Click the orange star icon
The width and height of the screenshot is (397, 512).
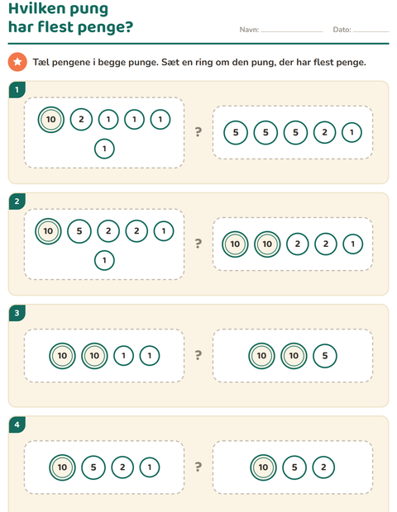tap(17, 62)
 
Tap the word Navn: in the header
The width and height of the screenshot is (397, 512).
tap(249, 30)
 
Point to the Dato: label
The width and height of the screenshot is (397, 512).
tap(342, 30)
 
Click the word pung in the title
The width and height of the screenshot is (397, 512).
tap(89, 10)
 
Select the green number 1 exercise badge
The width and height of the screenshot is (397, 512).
tap(17, 89)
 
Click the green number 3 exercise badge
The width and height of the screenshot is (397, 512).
tap(17, 313)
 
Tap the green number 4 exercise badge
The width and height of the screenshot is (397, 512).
tap(17, 424)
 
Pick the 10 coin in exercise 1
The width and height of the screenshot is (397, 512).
tap(51, 120)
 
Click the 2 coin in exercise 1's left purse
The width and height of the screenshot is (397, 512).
tap(81, 119)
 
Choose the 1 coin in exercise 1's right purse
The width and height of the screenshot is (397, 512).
tap(352, 133)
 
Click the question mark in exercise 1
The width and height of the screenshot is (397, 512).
tap(198, 132)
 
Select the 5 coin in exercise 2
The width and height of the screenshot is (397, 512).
tap(79, 231)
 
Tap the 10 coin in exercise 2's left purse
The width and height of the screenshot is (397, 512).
tap(48, 231)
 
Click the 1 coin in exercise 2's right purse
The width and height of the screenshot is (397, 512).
tap(353, 244)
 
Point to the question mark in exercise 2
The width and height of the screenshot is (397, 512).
tap(198, 244)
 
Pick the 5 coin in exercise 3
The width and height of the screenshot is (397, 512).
tap(325, 356)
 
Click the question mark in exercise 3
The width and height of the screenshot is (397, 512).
tap(198, 355)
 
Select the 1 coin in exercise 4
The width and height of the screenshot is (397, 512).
tap(150, 467)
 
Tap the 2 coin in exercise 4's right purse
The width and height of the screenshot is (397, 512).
tap(323, 467)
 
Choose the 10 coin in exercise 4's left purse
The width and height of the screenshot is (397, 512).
tap(62, 467)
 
